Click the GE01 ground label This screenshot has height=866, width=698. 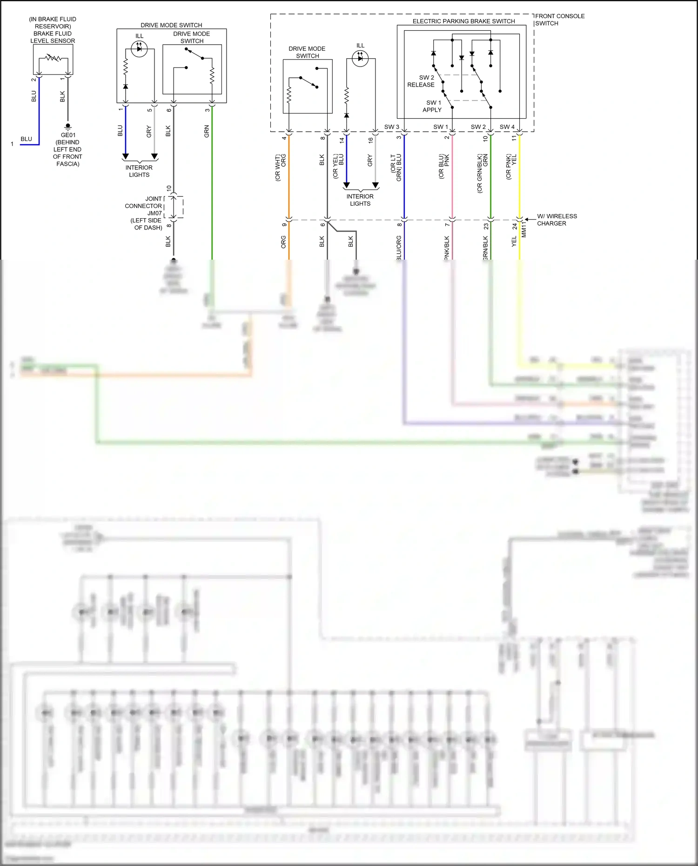click(x=68, y=135)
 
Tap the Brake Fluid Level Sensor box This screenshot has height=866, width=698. click(x=53, y=60)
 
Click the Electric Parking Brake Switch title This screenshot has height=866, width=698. click(x=463, y=21)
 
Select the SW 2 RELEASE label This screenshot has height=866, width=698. click(x=421, y=81)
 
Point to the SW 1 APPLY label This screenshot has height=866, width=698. click(x=432, y=106)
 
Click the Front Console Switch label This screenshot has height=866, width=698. click(x=559, y=20)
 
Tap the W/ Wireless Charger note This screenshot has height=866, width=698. click(x=557, y=220)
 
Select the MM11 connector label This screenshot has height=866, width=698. click(x=523, y=229)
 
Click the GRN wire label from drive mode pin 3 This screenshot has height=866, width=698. click(x=207, y=131)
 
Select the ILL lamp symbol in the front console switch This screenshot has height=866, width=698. click(x=360, y=58)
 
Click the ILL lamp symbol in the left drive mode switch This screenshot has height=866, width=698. click(x=139, y=48)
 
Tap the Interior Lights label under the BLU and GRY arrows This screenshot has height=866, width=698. click(x=139, y=171)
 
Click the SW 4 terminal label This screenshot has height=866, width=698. click(x=507, y=127)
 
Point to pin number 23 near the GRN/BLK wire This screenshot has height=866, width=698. click(x=486, y=226)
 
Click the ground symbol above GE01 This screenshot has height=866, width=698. click(x=68, y=126)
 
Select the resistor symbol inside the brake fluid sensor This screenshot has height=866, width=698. click(x=53, y=58)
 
